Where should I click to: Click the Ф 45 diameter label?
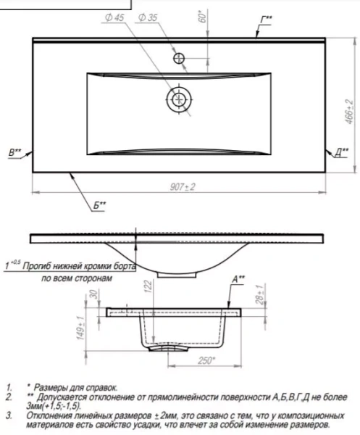[x=114, y=17]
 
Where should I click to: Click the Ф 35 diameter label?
[x=148, y=17]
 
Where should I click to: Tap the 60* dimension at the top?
[x=203, y=16]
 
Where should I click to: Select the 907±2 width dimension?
[x=183, y=187]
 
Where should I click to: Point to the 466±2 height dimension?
[x=350, y=112]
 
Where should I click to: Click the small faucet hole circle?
[x=179, y=58]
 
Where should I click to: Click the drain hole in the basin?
[x=179, y=99]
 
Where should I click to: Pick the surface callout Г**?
[x=267, y=20]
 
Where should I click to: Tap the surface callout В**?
[x=15, y=152]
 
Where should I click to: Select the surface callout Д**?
[x=342, y=152]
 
